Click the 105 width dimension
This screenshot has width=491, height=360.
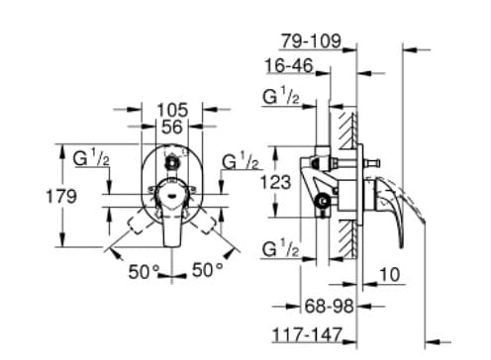coord(174,109)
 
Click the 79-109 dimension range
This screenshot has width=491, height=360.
coord(311,42)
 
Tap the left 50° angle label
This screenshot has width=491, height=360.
coord(144,270)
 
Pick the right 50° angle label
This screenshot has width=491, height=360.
coord(208,270)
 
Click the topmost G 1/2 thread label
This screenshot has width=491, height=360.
coord(282,97)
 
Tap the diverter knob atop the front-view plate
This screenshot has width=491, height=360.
coord(174,158)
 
